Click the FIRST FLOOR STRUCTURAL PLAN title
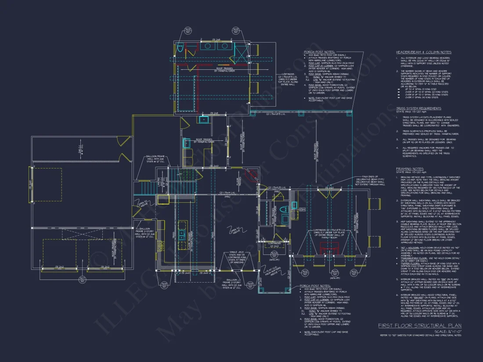(420, 325)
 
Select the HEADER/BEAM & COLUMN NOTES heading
(423, 52)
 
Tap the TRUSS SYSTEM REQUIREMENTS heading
(418, 108)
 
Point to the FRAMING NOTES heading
(410, 169)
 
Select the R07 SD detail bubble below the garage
(82, 280)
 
